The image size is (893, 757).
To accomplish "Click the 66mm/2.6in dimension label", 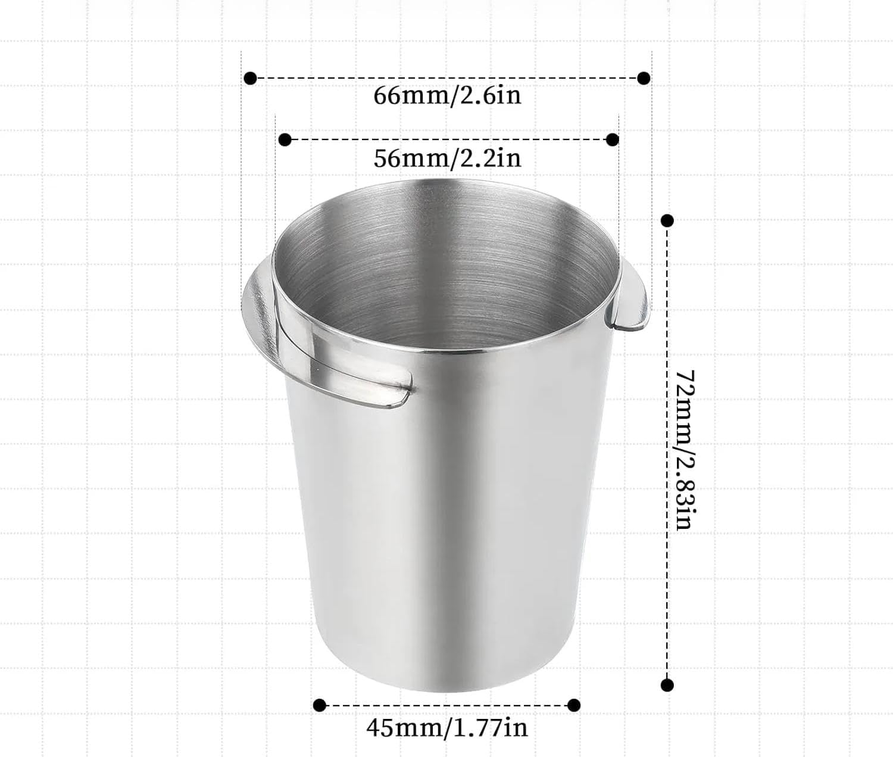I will (x=447, y=96).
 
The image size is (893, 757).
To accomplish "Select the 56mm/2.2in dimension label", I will (x=447, y=158).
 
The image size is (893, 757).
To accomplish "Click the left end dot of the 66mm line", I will (x=251, y=78).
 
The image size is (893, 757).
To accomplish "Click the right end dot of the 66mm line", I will (x=644, y=78).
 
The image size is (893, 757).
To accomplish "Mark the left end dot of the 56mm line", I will (x=285, y=140).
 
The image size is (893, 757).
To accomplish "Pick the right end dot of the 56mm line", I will (x=612, y=140).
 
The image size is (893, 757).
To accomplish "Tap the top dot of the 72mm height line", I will (x=667, y=220).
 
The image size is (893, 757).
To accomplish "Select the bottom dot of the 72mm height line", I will (x=667, y=684).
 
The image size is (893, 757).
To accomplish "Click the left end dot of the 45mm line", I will (x=320, y=705).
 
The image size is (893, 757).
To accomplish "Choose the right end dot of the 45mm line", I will (x=574, y=705).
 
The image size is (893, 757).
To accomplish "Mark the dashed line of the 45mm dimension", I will (x=447, y=705).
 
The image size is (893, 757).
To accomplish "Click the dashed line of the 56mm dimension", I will (x=447, y=140).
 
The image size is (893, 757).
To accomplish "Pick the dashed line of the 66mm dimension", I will (x=447, y=78).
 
